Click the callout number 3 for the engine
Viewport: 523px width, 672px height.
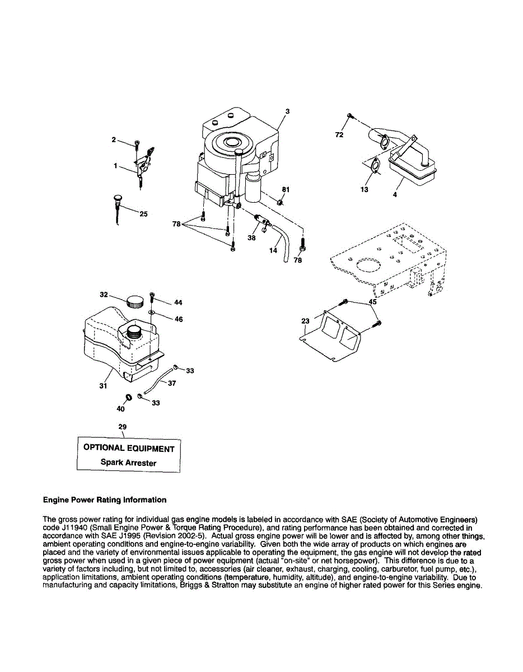coord(287,111)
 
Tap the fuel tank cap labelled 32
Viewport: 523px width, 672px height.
coord(135,302)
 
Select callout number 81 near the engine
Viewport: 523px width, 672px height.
coord(286,190)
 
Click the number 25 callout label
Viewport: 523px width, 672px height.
coord(143,214)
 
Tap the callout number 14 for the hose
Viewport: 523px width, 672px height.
coord(273,250)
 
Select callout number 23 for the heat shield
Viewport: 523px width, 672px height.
coord(305,321)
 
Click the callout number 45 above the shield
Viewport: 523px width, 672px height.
coord(372,301)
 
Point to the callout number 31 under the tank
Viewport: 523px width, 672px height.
coord(103,386)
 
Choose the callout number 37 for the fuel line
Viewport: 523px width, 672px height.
coord(172,384)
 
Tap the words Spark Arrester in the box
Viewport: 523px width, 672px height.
coord(128,463)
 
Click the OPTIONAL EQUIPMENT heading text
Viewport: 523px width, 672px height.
coord(129,448)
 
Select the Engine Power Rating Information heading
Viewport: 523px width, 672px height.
coord(105,500)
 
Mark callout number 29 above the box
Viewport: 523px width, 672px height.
coord(123,427)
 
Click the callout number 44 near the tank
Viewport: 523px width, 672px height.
coord(178,302)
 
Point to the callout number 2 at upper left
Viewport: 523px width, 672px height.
coord(113,139)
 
